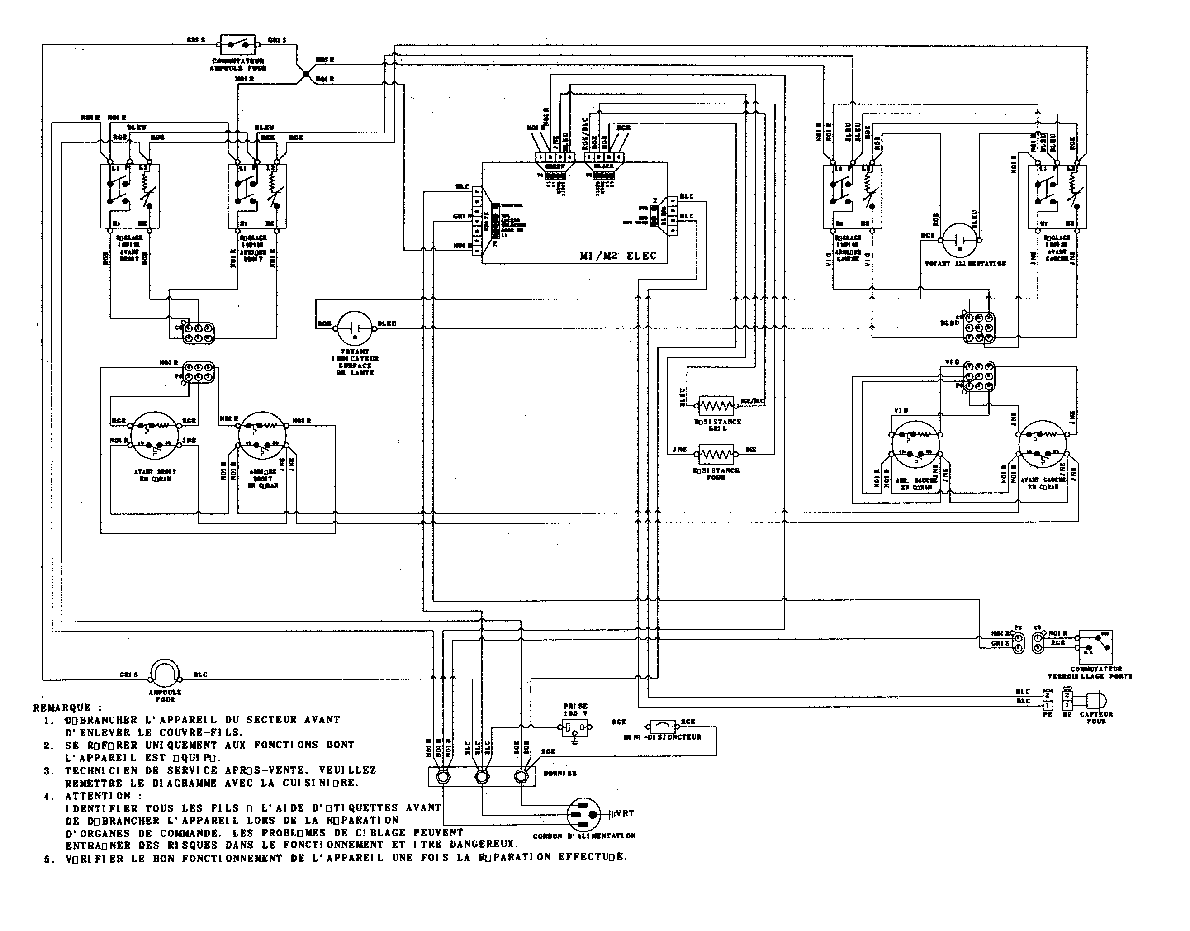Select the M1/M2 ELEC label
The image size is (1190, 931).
point(618,255)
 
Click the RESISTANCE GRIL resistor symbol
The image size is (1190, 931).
point(716,405)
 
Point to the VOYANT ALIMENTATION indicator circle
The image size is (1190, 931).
point(960,240)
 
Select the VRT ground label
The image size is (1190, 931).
point(625,813)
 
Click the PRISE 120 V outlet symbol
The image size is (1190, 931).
point(575,727)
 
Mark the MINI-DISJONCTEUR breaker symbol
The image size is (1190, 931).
point(663,727)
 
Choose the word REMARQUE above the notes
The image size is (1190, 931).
point(62,708)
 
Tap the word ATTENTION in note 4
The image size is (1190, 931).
point(98,796)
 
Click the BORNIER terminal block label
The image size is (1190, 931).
point(559,773)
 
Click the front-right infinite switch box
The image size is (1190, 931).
point(130,196)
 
